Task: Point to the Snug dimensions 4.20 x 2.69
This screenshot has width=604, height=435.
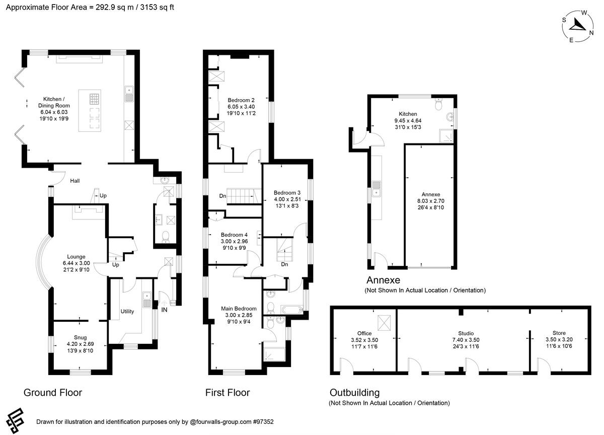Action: [x=78, y=344]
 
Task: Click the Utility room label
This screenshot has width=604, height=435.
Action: [x=127, y=311]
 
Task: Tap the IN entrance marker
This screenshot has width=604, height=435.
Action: [x=164, y=310]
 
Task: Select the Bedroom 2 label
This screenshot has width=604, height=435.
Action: [x=241, y=100]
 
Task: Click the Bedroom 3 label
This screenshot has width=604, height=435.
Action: [x=287, y=192]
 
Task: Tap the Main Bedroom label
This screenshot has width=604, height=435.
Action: [x=239, y=309]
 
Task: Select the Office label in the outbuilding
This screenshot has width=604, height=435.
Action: [x=364, y=333]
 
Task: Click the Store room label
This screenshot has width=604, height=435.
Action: [x=559, y=333]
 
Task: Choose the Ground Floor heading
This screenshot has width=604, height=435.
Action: [x=53, y=392]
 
